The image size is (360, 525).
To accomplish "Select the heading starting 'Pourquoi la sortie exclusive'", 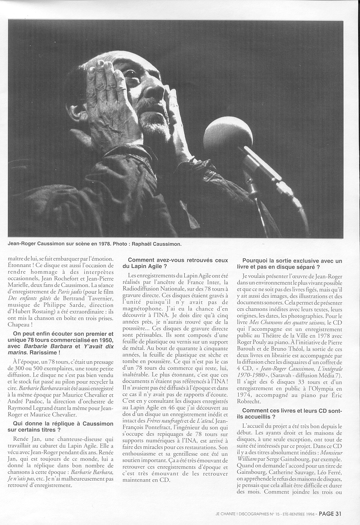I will click(292, 263).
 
